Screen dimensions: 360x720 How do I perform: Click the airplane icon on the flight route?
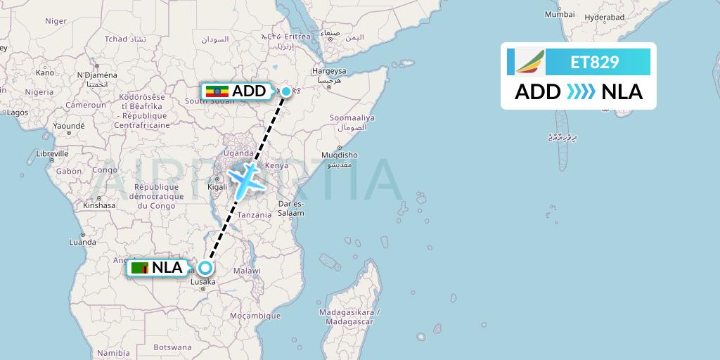pyautogui.click(x=244, y=180)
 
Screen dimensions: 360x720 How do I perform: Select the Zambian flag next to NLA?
pyautogui.click(x=140, y=268)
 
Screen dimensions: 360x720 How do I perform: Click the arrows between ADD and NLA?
pyautogui.click(x=580, y=92)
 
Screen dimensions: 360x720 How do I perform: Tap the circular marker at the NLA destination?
pyautogui.click(x=205, y=268)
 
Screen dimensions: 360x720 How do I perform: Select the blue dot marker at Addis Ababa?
pyautogui.click(x=286, y=91)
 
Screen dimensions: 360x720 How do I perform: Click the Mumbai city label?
pyautogui.click(x=560, y=14)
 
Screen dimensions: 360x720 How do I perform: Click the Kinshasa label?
pyautogui.click(x=98, y=206)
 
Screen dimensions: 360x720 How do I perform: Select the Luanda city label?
pyautogui.click(x=82, y=242)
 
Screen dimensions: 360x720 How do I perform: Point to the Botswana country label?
pyautogui.click(x=172, y=347)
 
